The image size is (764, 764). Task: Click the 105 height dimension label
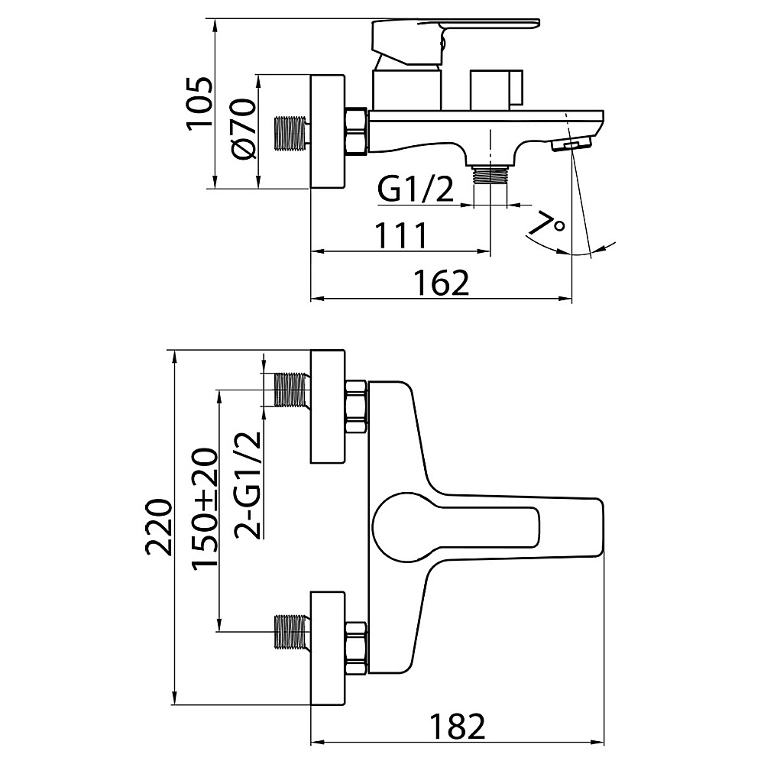click(x=199, y=102)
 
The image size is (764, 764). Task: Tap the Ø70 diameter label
click(x=244, y=128)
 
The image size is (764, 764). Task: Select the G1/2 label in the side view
click(x=416, y=190)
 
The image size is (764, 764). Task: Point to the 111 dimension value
click(x=402, y=235)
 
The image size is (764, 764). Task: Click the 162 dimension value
click(x=442, y=282)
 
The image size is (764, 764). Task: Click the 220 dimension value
click(x=159, y=527)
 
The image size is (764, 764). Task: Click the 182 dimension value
click(x=458, y=727)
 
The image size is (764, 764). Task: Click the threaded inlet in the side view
click(x=291, y=132)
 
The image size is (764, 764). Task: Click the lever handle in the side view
click(x=455, y=42)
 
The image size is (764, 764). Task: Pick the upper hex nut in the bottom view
click(x=356, y=407)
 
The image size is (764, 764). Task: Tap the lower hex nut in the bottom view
click(x=356, y=649)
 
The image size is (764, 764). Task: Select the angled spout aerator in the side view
click(x=571, y=144)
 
